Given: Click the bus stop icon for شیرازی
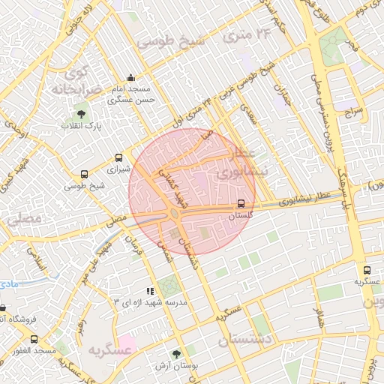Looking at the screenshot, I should pos(118,158).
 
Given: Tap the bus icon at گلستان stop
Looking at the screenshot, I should pos(241,203).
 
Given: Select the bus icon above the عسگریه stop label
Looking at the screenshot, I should pos(367,270).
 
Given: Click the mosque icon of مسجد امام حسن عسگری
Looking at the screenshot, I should pos(132,77).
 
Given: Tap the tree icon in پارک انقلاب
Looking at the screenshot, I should pos(81,114).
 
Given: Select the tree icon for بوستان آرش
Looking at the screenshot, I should pos(177,354).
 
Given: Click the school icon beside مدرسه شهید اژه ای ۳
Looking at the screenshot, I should pos(150,290).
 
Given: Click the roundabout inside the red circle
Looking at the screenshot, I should pos(174,214).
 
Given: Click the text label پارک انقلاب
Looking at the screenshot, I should pos(81,126).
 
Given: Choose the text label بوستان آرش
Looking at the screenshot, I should pos(177,366).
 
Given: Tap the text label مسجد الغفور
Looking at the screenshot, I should pos(28,351).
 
